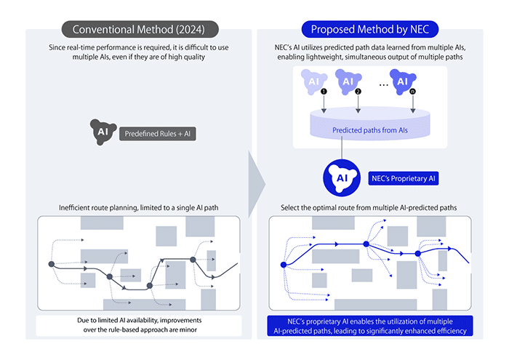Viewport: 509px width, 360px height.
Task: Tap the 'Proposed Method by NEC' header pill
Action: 369,29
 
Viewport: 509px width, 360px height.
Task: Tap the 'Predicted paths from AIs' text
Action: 370,132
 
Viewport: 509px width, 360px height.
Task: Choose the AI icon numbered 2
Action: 347,80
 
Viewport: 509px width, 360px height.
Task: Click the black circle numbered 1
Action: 324,92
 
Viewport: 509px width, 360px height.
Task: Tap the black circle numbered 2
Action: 358,92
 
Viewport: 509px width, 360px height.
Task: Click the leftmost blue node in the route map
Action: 284,264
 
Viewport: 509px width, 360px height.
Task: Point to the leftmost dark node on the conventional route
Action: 52,264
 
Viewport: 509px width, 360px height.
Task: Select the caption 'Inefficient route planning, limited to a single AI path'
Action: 137,208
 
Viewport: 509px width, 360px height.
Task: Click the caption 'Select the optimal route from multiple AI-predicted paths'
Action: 369,208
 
